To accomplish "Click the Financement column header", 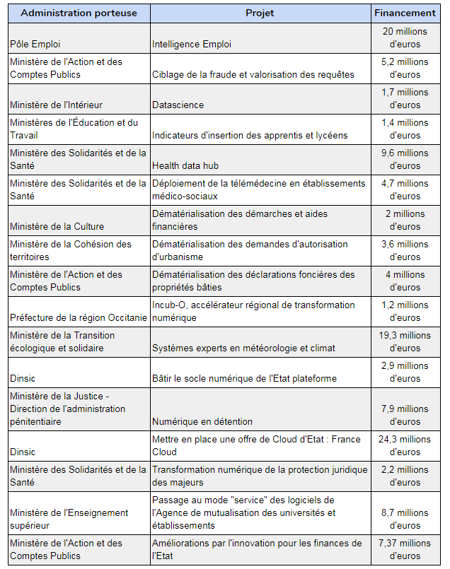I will coord(405,13).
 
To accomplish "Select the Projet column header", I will coord(260,13).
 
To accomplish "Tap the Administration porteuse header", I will coord(79,13).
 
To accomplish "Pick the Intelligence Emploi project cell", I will coord(192,44).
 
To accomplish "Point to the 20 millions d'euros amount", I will coord(405,37).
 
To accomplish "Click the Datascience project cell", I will coord(178,105).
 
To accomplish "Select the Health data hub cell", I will coord(186,165).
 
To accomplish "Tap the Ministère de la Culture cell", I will coord(57,226).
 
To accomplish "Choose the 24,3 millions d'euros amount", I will coord(405,445).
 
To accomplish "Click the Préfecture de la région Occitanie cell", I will coord(79,317).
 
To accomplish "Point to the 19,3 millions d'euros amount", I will coord(405,341).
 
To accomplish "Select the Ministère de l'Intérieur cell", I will coord(57,105).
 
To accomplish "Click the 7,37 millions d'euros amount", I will coord(405,549).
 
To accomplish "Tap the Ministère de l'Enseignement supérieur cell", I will coord(69,519).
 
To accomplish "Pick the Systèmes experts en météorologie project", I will coord(243,348).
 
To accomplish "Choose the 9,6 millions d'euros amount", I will coord(405,159).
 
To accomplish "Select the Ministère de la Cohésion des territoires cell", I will coord(71,250).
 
